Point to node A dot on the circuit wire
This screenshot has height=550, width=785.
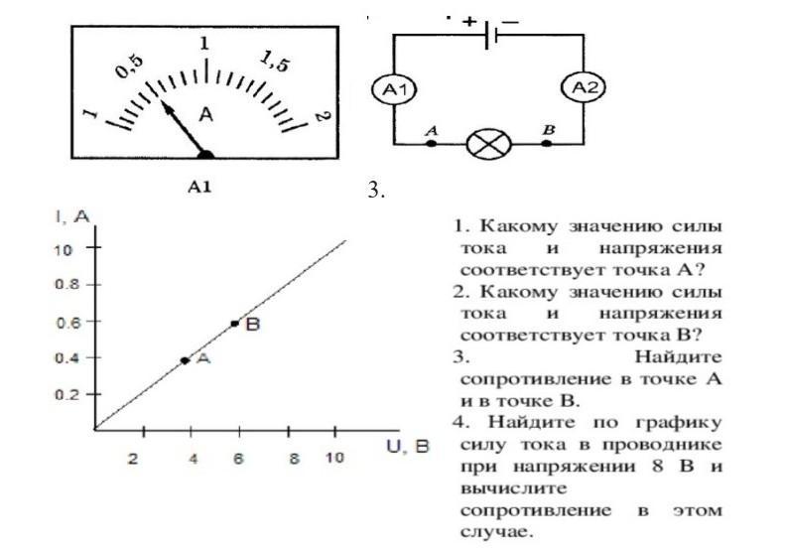[431, 144]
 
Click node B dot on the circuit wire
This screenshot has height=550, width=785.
[547, 144]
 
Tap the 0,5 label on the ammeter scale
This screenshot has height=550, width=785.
[130, 67]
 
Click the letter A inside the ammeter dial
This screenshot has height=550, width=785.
[206, 114]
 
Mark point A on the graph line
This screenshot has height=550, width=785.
[185, 360]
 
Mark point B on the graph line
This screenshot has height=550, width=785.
[234, 324]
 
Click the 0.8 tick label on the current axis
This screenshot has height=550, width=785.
[65, 285]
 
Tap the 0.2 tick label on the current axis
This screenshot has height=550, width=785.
[65, 394]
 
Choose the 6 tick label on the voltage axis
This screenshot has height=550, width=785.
[239, 459]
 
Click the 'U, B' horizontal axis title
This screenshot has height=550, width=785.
[407, 447]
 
